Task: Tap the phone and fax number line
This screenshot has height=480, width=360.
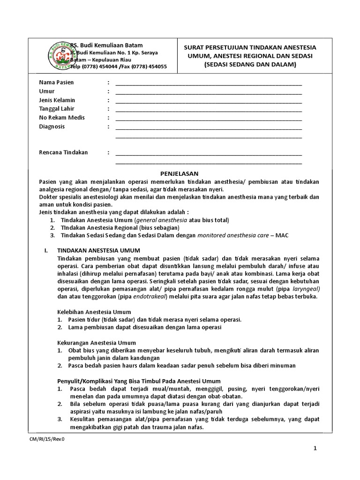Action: coord(118,67)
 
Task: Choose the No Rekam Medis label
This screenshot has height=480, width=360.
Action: coord(61,118)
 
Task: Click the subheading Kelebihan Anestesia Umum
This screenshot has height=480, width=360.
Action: coord(94,312)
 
